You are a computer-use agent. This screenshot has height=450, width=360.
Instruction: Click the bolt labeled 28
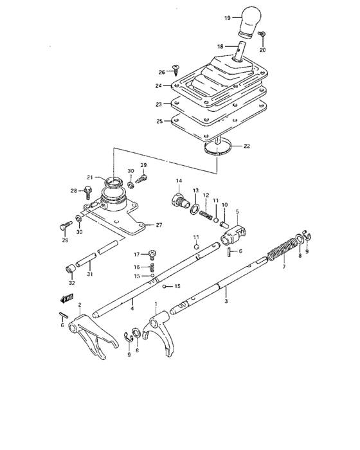[x=90, y=190]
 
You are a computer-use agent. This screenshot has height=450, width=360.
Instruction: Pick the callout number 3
[x=226, y=301]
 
